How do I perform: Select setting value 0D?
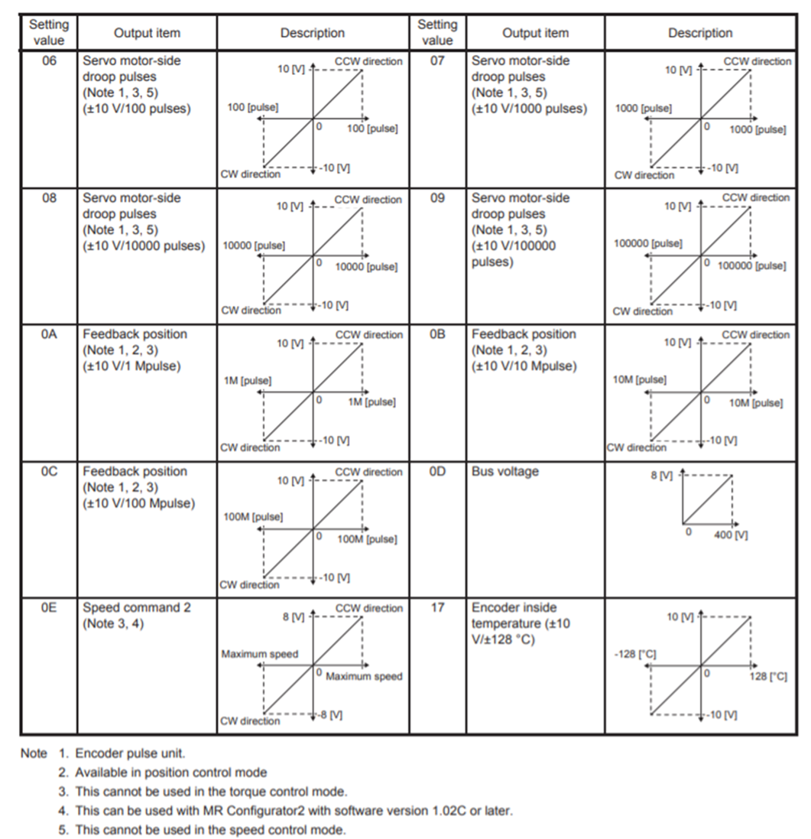coord(437,472)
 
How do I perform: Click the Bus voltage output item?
coord(505,472)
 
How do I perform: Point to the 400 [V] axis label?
coord(731,535)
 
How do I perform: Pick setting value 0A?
coord(48,335)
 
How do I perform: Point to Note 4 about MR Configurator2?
coord(294,811)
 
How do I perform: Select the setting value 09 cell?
coord(437,198)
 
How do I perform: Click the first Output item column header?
coord(147,33)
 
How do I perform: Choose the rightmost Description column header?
coord(699,33)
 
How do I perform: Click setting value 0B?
coord(437,335)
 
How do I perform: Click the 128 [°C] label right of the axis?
coord(768,677)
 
